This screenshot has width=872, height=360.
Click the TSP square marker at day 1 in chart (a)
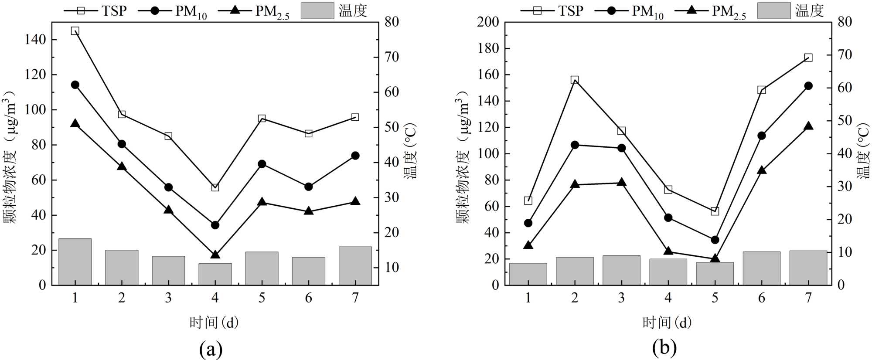pos(75,31)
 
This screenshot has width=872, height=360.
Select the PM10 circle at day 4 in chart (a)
pos(215,225)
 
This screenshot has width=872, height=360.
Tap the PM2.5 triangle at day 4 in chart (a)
pos(215,255)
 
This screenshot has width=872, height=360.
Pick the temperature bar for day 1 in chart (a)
pos(75,262)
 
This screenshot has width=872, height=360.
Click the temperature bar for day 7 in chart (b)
pos(808,268)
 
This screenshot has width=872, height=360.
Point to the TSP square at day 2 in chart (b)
pos(575,80)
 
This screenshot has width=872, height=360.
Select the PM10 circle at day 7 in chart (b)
pos(808,86)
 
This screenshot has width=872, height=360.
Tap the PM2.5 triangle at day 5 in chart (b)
pos(715,258)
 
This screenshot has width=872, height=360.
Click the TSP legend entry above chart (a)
pos(96,10)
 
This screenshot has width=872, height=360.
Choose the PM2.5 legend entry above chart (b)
pos(710,10)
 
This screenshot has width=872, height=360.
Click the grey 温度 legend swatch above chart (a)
pos(317,10)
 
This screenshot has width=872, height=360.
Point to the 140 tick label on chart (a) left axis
pos(36,40)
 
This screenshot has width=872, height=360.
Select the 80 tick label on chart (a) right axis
pos(391,22)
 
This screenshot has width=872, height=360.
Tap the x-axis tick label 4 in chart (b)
pos(668,298)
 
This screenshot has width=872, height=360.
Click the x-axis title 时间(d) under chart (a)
pos(214,323)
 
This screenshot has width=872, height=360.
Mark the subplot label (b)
pos(664,348)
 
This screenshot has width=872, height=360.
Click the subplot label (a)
pos(211,349)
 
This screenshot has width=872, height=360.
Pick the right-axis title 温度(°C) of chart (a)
pos(410,151)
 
